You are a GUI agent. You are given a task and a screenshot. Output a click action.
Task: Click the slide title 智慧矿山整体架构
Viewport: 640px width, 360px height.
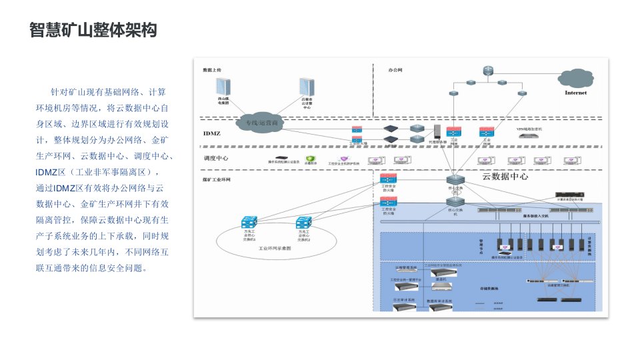(x=93, y=30)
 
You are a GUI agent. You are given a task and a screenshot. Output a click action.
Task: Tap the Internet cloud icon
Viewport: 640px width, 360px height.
(x=576, y=81)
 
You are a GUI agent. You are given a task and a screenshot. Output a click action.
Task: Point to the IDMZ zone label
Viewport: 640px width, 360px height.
(x=211, y=133)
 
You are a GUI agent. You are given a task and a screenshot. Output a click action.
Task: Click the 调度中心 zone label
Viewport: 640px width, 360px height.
(x=216, y=159)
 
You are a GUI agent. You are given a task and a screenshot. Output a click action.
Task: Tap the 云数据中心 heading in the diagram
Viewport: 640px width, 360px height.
(x=505, y=177)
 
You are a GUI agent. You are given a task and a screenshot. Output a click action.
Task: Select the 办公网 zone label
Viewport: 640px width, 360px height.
(x=395, y=69)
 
